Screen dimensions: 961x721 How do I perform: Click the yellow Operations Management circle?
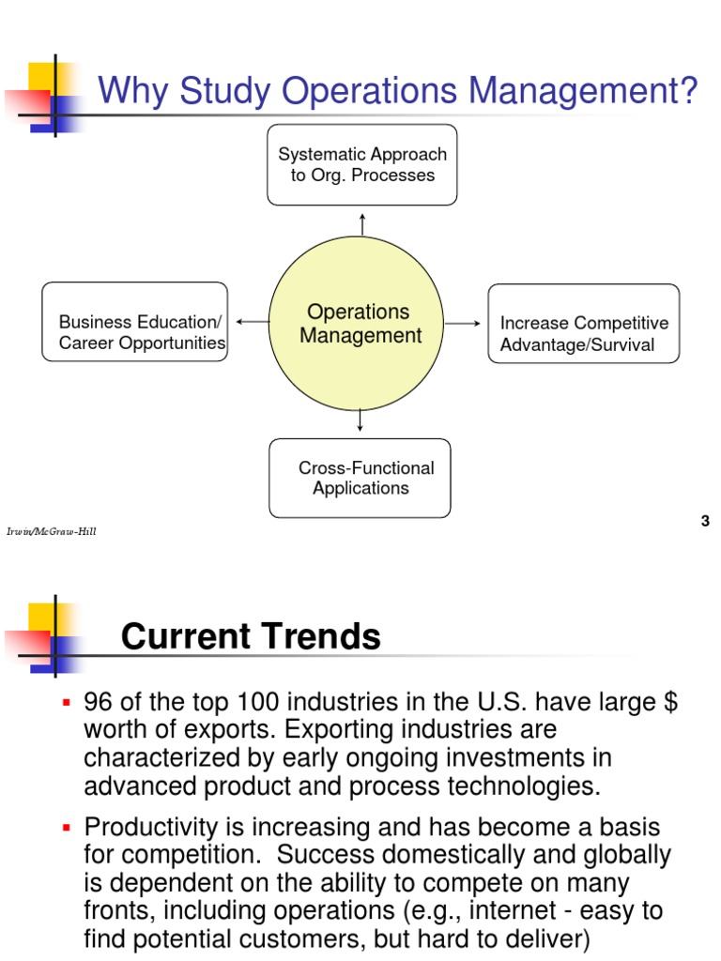point(360,324)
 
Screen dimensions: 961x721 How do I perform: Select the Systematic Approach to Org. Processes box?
point(362,164)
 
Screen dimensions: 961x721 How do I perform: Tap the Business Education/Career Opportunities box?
point(135,322)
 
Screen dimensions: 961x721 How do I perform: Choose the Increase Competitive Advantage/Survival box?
point(583,324)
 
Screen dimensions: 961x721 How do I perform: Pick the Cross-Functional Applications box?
point(360,478)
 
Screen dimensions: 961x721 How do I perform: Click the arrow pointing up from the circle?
point(361,224)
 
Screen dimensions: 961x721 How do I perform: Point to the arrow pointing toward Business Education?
point(251,322)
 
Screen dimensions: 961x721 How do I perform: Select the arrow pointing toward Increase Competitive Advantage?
point(462,323)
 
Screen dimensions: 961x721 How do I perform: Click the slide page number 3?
point(705,522)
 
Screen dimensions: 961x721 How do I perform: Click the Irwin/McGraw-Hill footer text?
point(52,532)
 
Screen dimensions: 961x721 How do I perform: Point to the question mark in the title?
point(689,92)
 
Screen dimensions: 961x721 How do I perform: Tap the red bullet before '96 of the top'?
point(67,702)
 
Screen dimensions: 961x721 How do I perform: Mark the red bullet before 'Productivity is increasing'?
point(67,828)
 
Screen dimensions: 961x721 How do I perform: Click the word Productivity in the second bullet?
point(148,828)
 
